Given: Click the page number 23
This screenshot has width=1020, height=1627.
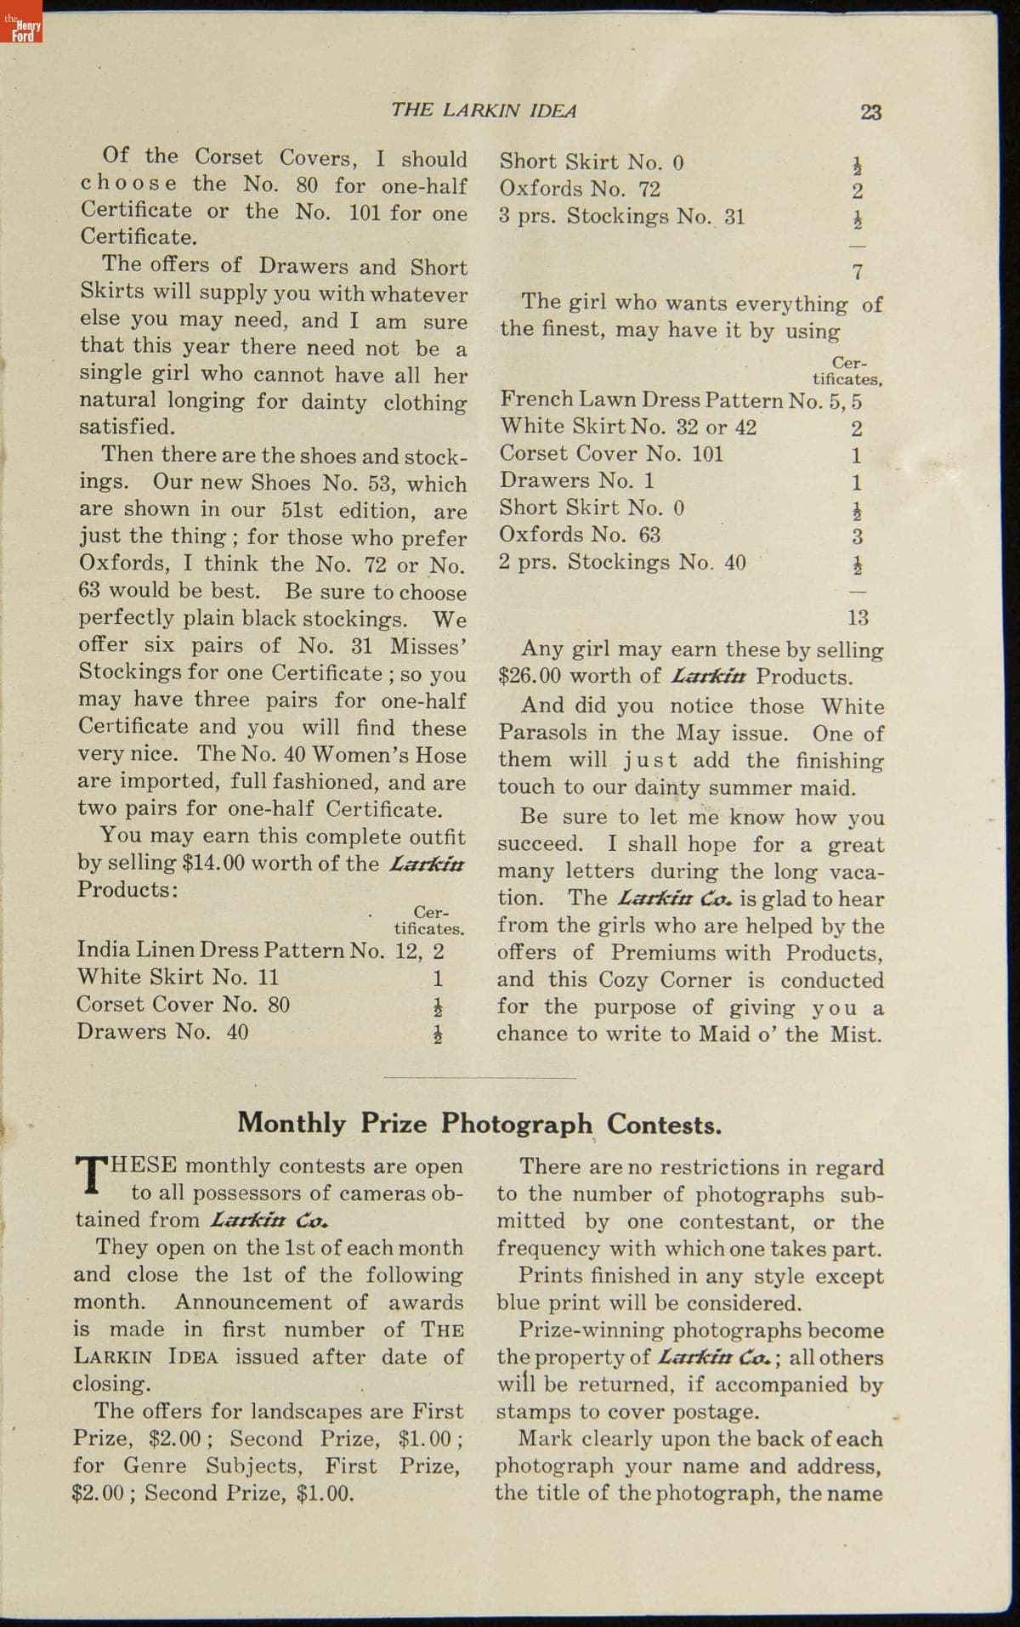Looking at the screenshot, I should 870,111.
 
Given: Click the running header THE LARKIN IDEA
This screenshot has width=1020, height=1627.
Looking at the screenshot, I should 484,111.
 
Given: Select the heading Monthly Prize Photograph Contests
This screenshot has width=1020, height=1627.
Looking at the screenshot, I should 479,1124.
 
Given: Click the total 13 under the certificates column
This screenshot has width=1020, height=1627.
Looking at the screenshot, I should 858,618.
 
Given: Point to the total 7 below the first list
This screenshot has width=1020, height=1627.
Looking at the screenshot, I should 858,272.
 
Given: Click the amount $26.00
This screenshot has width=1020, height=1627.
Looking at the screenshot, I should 530,677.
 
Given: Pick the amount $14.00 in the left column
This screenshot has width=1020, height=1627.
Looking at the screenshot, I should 213,864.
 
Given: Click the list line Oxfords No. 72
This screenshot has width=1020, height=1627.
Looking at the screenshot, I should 580,189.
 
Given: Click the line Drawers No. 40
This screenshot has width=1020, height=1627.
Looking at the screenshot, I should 162,1032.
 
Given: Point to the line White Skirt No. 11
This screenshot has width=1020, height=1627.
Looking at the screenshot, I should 178,978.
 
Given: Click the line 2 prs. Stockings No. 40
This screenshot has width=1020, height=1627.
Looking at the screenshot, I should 622,563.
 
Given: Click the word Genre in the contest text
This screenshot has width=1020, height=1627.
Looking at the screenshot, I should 159,1466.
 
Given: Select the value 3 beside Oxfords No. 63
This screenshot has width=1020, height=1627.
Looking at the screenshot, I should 858,536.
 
